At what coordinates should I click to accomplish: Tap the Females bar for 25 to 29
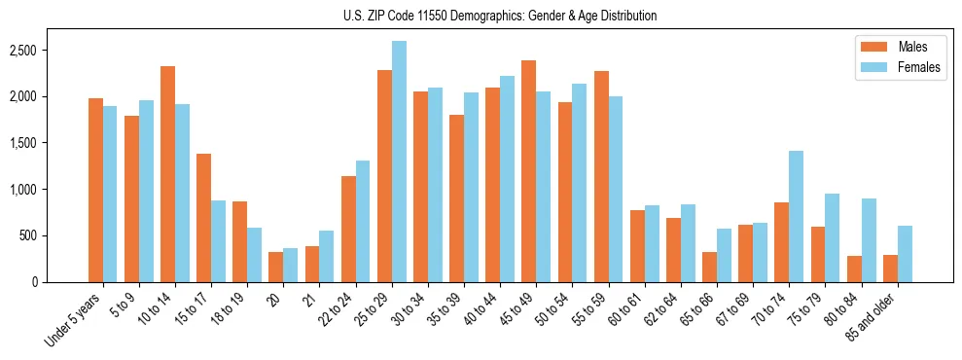click(x=399, y=162)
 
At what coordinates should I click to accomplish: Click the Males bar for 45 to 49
click(x=528, y=171)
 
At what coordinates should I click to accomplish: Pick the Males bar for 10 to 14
click(x=168, y=174)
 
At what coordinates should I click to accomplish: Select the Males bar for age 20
click(x=276, y=267)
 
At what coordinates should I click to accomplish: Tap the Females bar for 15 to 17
click(x=219, y=241)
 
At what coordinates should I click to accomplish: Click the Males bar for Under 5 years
click(x=95, y=190)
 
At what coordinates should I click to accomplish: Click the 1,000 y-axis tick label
click(x=49, y=189)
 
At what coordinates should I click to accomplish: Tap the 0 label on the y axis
click(x=60, y=282)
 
